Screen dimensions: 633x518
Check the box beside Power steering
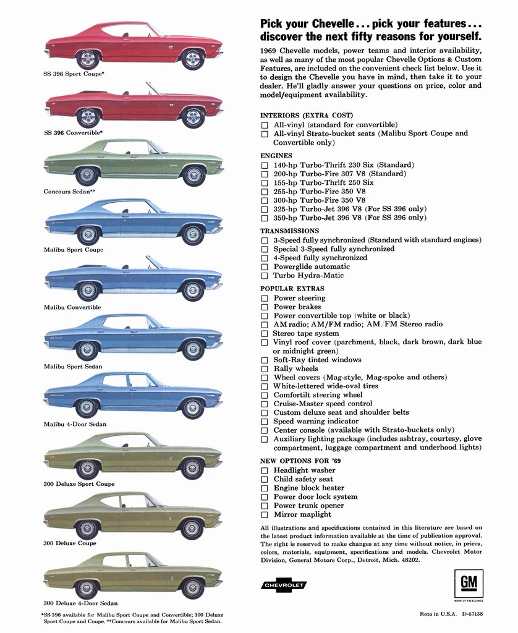coord(265,298)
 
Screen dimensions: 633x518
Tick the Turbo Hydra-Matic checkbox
coord(265,276)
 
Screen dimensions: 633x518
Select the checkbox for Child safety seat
coord(265,479)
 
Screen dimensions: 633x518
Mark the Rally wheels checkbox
coord(265,369)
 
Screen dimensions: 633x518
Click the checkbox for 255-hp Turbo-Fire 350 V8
coord(265,192)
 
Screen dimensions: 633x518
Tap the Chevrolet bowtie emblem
coord(284,585)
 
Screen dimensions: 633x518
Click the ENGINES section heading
coord(276,156)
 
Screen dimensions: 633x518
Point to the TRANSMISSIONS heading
coord(290,231)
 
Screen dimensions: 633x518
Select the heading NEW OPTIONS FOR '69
coord(297,461)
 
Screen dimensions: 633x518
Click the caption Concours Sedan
coord(67,192)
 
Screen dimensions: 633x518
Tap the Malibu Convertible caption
coord(72,307)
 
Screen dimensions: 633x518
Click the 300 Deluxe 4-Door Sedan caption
coord(80,603)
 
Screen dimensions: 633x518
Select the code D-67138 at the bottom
coord(471,614)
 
